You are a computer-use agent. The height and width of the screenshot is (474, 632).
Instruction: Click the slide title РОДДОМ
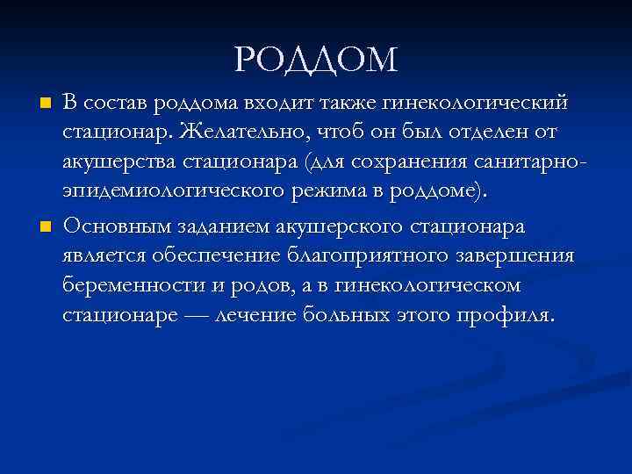316,60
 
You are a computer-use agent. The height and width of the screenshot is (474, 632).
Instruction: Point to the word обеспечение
214,255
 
